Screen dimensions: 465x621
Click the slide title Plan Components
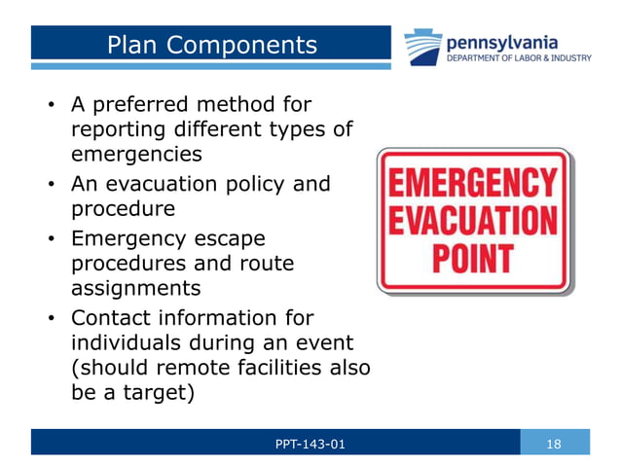pyautogui.click(x=211, y=45)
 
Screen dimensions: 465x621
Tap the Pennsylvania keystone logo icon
pyautogui.click(x=423, y=47)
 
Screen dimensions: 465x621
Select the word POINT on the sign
pyautogui.click(x=474, y=258)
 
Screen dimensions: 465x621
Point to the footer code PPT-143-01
pyautogui.click(x=310, y=445)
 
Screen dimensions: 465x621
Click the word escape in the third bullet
pyautogui.click(x=222, y=236)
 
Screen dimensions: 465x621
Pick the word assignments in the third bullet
pyautogui.click(x=132, y=288)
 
